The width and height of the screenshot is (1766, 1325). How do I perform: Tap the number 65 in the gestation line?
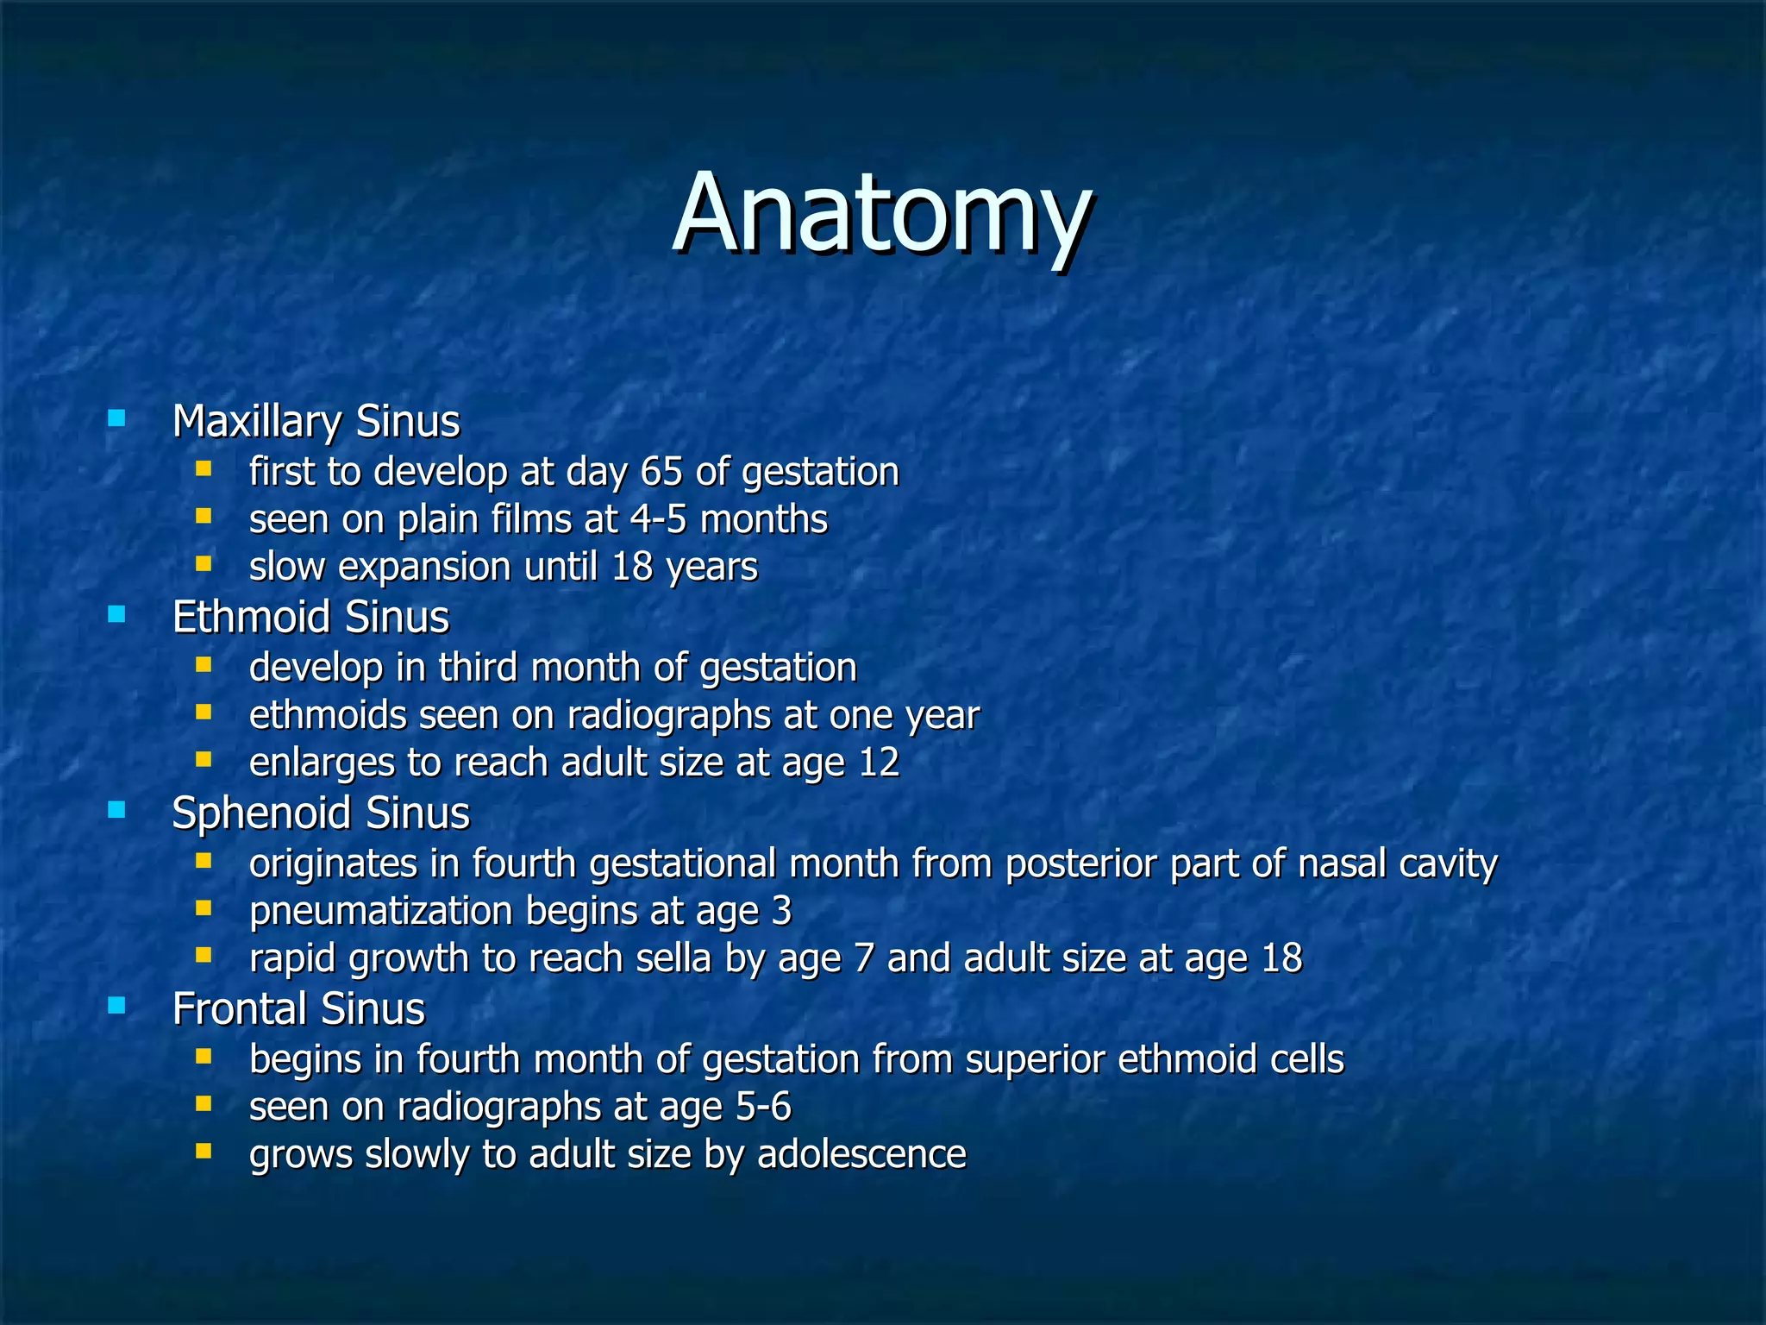pyautogui.click(x=661, y=472)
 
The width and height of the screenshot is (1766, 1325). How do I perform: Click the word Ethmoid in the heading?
pyautogui.click(x=251, y=618)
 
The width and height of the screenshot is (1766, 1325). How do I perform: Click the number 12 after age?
pyautogui.click(x=879, y=763)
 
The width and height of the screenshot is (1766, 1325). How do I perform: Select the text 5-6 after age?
pyautogui.click(x=763, y=1107)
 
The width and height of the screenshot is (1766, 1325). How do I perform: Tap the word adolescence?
pyautogui.click(x=861, y=1154)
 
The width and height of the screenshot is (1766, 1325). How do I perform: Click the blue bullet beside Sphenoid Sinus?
pyautogui.click(x=116, y=810)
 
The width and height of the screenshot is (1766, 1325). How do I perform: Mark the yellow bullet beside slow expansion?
pyautogui.click(x=204, y=565)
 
